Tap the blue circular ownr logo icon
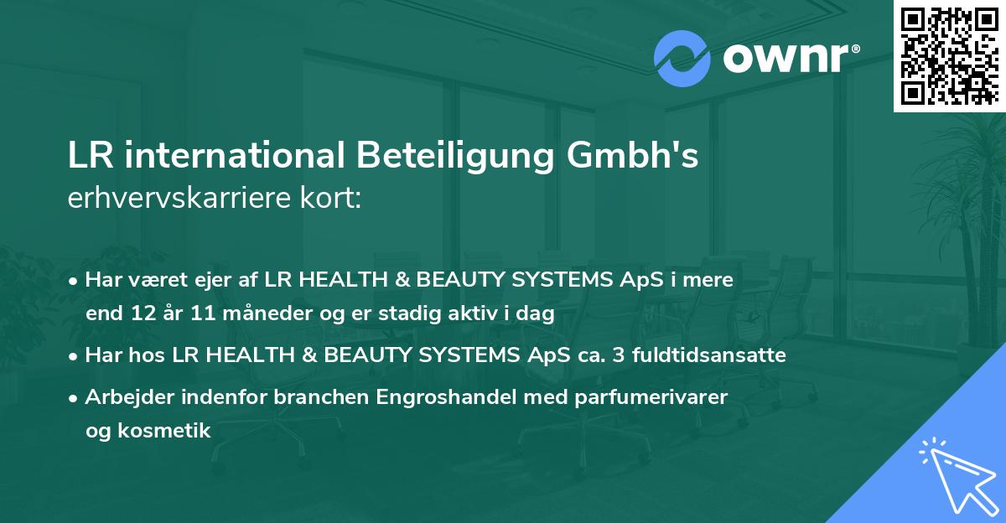click(682, 59)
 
